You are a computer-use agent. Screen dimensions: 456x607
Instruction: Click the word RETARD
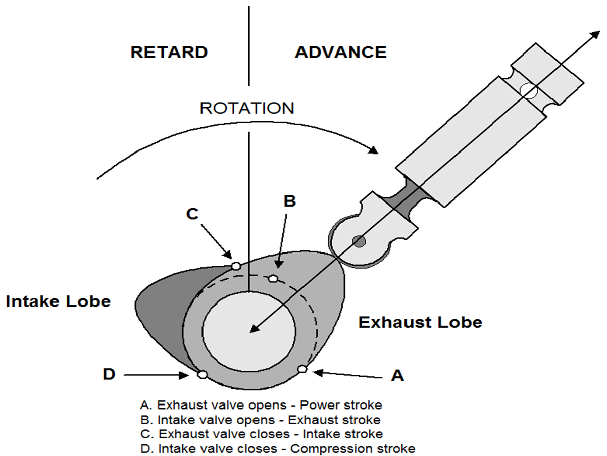[169, 53]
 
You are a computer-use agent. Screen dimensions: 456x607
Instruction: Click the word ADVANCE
[340, 53]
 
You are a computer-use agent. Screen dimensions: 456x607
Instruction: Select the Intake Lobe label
[58, 301]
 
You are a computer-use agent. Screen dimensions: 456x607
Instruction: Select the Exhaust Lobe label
[420, 322]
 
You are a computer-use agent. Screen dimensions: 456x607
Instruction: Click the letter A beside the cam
[398, 375]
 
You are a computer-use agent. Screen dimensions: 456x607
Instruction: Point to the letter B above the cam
[289, 201]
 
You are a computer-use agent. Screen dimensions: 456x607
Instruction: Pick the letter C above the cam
[192, 214]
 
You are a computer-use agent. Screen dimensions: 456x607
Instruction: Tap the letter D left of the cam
[109, 374]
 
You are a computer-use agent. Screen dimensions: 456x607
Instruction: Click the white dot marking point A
[302, 369]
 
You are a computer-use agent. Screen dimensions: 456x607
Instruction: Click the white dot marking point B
[273, 278]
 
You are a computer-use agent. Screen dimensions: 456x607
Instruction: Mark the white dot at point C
[235, 266]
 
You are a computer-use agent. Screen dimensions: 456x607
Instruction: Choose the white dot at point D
[202, 374]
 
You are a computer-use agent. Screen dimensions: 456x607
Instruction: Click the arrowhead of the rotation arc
[374, 149]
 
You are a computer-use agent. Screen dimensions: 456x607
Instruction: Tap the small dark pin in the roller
[359, 241]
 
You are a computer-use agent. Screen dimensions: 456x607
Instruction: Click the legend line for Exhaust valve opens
[262, 405]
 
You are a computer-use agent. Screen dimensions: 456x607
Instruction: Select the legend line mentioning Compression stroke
[279, 448]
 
